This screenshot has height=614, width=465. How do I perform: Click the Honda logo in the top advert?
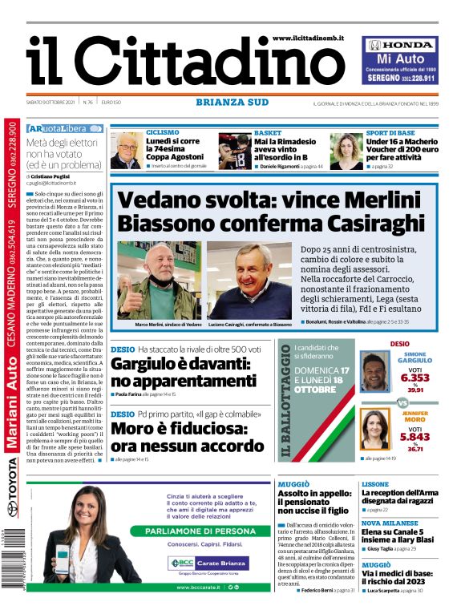[397, 45]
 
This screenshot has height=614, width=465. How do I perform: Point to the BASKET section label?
[268, 132]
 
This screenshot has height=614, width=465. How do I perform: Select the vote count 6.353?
[414, 377]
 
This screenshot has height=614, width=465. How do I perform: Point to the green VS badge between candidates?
[402, 404]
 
